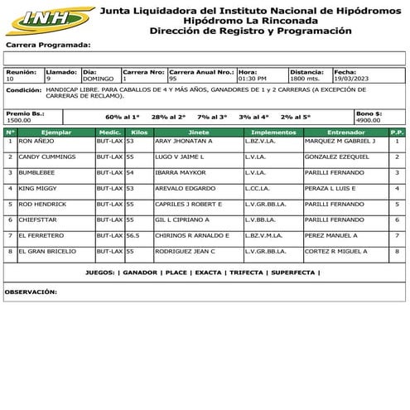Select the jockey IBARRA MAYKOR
(178, 172)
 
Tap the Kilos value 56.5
(133, 235)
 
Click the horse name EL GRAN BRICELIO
(47, 251)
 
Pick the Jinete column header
(199, 132)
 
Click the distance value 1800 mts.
(305, 80)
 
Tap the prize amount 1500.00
(18, 120)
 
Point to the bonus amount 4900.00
(369, 120)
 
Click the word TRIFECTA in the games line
(246, 273)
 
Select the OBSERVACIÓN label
(31, 292)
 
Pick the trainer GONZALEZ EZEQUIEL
(337, 157)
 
